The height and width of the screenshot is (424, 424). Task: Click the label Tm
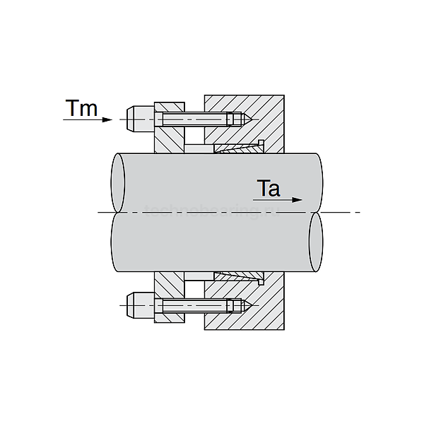(x=81, y=108)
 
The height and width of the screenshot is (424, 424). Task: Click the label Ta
(x=269, y=189)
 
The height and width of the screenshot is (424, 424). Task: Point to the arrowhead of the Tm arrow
(x=107, y=119)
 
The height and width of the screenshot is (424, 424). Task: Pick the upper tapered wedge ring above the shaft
(x=237, y=148)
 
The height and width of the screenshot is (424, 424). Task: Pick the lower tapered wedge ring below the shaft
(x=237, y=275)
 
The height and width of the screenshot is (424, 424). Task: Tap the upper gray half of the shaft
(x=212, y=180)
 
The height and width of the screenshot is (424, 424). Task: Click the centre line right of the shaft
(x=343, y=212)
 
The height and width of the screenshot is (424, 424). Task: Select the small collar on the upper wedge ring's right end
(x=261, y=145)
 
